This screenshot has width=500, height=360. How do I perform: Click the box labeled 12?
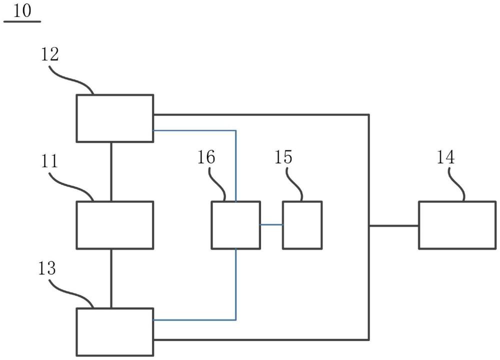tap(114, 118)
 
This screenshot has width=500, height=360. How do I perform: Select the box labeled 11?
tap(114, 225)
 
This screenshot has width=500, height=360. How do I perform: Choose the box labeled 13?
tap(114, 332)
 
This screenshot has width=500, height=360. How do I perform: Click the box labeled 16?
tap(235, 225)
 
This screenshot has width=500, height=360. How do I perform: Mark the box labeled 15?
tap(302, 225)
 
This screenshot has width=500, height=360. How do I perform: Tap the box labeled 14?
tap(456, 225)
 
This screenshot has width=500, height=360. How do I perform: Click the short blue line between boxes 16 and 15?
tap(271, 225)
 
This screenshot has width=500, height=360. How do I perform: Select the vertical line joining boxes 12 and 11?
tap(111, 171)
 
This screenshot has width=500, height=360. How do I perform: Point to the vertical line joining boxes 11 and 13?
tap(111, 278)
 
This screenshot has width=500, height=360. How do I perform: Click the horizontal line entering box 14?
tap(394, 226)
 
